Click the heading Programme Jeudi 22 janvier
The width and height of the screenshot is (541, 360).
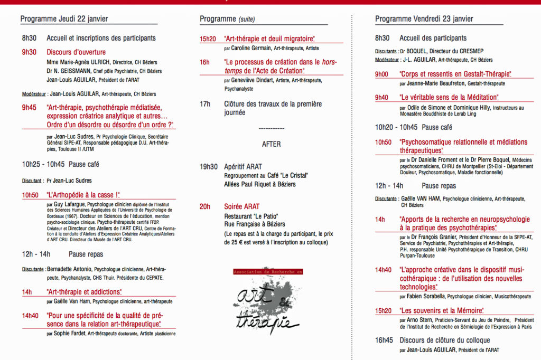coord(64,19)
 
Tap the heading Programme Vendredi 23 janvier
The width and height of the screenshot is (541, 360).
coord(424,19)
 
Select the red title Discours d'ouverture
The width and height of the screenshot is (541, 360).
coord(76,52)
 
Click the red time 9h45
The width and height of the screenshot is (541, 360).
coord(29,108)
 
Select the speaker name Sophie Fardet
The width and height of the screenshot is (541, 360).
coord(70,334)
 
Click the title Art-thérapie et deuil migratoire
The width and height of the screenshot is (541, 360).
coord(269,39)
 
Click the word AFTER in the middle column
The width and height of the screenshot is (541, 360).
coord(272,144)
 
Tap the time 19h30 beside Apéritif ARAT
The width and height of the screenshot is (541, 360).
coord(208,167)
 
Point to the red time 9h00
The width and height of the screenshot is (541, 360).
coord(381,74)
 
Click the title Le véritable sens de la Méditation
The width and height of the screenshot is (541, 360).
coord(449,98)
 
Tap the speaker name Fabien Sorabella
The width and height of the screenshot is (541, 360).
coord(427,297)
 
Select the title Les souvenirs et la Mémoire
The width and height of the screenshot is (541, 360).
coord(442,311)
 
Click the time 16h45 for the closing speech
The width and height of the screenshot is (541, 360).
coord(383,340)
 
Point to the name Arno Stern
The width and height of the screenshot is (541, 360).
coord(421,320)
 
